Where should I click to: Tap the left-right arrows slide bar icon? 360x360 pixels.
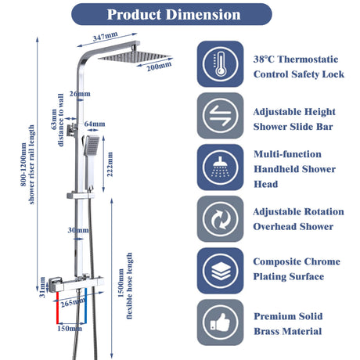pyautogui.click(x=220, y=116)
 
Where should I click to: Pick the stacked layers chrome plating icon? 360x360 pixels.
pyautogui.click(x=220, y=271)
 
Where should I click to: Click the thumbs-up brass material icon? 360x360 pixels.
pyautogui.click(x=220, y=322)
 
